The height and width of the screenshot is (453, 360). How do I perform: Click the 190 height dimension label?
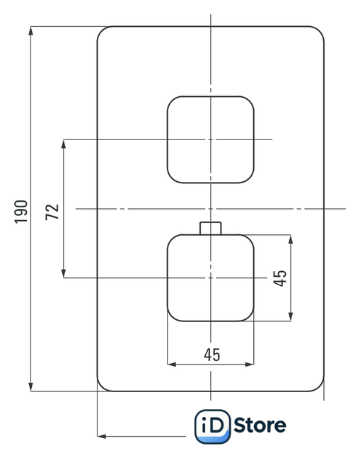pyautogui.click(x=21, y=212)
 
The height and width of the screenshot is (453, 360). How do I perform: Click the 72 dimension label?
pyautogui.click(x=52, y=212)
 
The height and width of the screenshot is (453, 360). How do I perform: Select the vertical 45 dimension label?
pyautogui.click(x=280, y=278)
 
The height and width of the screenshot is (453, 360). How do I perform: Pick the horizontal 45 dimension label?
pyautogui.click(x=212, y=355)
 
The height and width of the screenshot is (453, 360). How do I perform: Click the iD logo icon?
pyautogui.click(x=212, y=426)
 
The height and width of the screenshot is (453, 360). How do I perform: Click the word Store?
pyautogui.click(x=260, y=425)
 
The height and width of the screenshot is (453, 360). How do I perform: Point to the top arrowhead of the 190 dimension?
pyautogui.click(x=30, y=30)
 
